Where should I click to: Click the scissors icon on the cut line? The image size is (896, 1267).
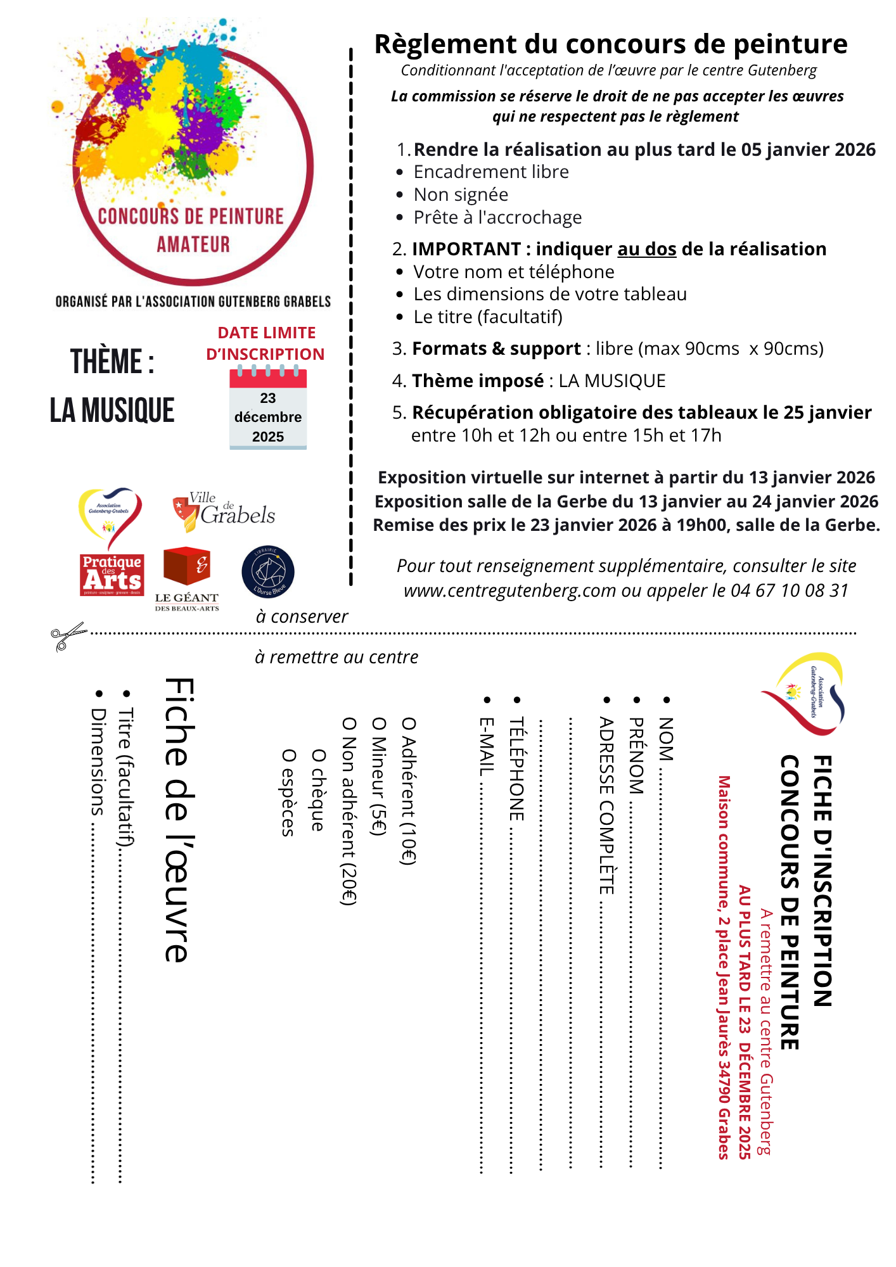tap(68, 635)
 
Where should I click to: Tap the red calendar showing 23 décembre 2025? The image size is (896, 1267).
tap(268, 409)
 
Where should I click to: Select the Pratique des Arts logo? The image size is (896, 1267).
tap(112, 575)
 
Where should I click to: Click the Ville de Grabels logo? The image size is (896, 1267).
tap(224, 512)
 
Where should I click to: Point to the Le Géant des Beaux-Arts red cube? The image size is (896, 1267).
tap(186, 566)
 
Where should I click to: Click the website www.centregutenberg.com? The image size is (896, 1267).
tap(509, 591)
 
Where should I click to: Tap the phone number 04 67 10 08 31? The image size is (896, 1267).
tap(790, 591)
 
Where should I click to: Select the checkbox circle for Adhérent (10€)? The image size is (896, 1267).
tap(409, 724)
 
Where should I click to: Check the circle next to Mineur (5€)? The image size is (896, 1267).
tap(378, 724)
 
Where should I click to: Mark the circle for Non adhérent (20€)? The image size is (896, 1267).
tap(349, 724)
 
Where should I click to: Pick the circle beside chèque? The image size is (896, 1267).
tap(318, 756)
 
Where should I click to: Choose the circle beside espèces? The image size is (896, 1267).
tap(288, 756)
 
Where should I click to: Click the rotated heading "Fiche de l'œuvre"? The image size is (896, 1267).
tap(179, 820)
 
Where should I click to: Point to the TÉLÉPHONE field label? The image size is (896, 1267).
tap(516, 768)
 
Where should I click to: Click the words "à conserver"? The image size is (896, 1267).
tap(302, 617)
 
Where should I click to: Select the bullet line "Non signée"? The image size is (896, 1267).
tap(461, 195)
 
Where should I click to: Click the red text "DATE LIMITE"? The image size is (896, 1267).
tap(266, 333)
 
